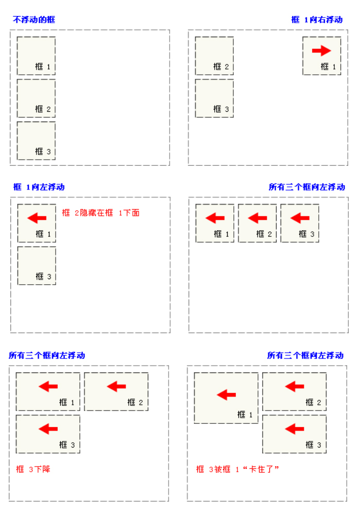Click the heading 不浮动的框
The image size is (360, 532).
[34, 20]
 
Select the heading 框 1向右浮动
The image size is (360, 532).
[317, 20]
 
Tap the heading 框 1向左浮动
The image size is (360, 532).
[39, 187]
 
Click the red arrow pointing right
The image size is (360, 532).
[321, 50]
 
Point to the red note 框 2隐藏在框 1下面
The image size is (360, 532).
[100, 213]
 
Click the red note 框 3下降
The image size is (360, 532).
[33, 469]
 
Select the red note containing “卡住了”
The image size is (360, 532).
[237, 469]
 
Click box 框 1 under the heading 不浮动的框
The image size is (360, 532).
[36, 56]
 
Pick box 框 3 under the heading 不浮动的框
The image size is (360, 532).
[36, 141]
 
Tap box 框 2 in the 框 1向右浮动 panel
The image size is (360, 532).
[214, 56]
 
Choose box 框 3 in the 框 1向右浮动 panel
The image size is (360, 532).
[214, 98]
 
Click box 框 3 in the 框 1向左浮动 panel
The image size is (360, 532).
[37, 265]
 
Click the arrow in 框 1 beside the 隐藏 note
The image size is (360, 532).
[37, 218]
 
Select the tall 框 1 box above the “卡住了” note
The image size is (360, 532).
[226, 398]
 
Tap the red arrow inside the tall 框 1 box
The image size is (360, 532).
[226, 395]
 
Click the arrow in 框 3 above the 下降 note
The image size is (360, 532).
[48, 428]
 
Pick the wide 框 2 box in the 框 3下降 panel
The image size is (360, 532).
[116, 391]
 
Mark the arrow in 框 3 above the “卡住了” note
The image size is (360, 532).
[294, 428]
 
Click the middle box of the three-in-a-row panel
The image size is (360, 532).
[257, 223]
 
